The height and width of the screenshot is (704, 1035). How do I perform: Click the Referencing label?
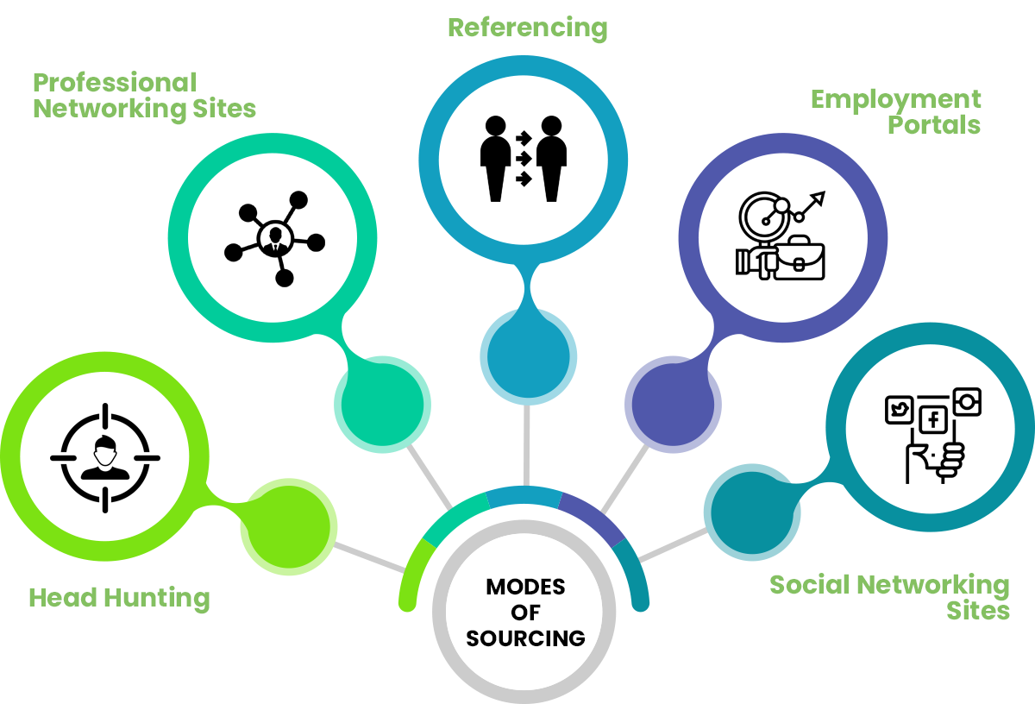[527, 28]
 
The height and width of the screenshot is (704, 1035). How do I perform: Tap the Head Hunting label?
[119, 597]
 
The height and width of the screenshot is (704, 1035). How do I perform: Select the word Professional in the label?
[115, 83]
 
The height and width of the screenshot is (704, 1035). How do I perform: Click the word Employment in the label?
[895, 99]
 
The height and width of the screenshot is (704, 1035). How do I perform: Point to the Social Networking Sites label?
[889, 597]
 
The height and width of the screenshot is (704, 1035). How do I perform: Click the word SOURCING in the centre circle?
[525, 638]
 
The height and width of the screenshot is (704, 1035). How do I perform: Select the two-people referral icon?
[523, 158]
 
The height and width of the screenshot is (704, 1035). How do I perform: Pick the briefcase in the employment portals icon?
[799, 260]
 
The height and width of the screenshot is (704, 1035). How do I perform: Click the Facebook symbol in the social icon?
[932, 420]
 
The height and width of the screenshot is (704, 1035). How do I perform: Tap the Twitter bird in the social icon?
[900, 410]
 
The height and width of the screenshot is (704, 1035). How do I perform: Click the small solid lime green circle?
[288, 527]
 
